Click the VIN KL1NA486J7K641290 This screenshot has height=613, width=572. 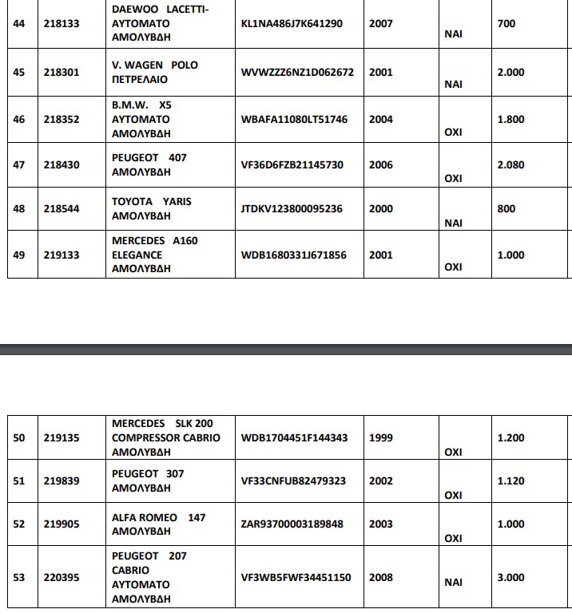291,24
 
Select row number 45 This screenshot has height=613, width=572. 19,73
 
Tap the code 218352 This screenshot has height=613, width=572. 62,120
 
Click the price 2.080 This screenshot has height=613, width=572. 510,165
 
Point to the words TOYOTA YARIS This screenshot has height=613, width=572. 152,202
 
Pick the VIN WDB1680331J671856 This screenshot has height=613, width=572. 293,255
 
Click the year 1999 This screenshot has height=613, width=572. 381,438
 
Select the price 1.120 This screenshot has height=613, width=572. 510,481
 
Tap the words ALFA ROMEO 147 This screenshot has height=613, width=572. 158,518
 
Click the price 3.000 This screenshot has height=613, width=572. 510,578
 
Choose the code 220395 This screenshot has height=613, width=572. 62,578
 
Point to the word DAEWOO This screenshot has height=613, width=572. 133,10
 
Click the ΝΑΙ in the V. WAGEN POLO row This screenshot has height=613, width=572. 453,84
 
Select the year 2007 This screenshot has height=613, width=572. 381,24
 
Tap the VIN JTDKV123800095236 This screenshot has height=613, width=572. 291,209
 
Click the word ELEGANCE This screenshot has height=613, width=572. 137,255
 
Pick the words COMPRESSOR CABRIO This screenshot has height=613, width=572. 162,438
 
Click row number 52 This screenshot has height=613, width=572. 19,524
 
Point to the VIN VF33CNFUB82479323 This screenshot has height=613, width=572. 293,481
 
